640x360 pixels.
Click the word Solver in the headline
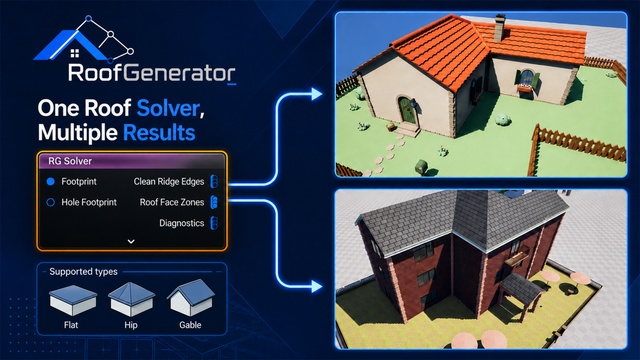point(168,108)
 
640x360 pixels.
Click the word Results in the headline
point(159,133)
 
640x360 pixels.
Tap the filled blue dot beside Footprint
point(51,182)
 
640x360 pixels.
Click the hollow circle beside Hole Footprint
point(51,202)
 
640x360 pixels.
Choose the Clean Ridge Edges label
point(169,182)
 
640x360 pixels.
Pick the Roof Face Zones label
point(172,202)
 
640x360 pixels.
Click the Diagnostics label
point(182,223)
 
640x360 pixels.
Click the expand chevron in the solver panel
point(131,241)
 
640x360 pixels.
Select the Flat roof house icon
point(73,300)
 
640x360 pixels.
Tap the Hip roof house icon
point(131,299)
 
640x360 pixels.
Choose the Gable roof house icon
point(191,298)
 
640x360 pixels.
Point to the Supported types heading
point(83,272)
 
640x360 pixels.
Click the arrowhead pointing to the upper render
point(316,94)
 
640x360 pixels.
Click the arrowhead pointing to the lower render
point(316,286)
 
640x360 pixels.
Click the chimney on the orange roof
point(500,28)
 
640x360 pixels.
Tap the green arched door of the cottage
point(407,110)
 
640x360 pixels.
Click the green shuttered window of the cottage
point(527,78)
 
